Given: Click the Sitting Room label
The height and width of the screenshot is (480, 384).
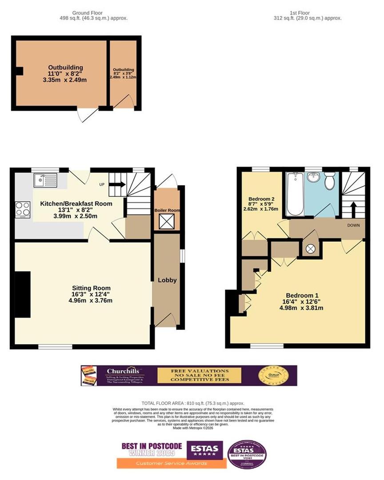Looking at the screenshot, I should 87,288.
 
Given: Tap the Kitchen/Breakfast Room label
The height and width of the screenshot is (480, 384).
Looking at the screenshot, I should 76,204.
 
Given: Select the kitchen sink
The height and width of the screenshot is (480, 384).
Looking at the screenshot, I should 44,180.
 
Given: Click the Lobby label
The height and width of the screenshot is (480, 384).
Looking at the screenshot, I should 167,280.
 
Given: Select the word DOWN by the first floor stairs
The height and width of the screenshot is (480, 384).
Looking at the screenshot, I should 353,225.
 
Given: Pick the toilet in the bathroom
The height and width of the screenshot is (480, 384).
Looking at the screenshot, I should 330,182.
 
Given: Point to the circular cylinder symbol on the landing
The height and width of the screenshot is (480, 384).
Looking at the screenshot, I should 310,249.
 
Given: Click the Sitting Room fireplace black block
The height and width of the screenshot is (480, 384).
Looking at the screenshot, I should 22,294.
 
